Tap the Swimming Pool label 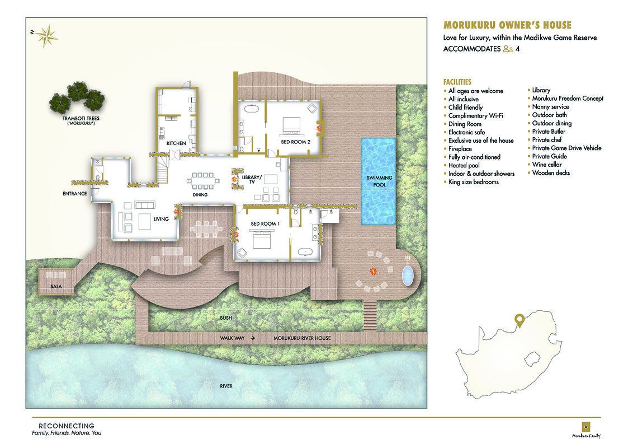379,181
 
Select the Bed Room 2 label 295,142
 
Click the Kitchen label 176,143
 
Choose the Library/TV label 252,180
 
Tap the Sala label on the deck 55,286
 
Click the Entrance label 74,194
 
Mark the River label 225,386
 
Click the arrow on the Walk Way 253,338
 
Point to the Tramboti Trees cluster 77,97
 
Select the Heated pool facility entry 464,165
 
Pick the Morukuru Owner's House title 507,25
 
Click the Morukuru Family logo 586,427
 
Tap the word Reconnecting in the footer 66,426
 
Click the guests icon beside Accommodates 508,49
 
